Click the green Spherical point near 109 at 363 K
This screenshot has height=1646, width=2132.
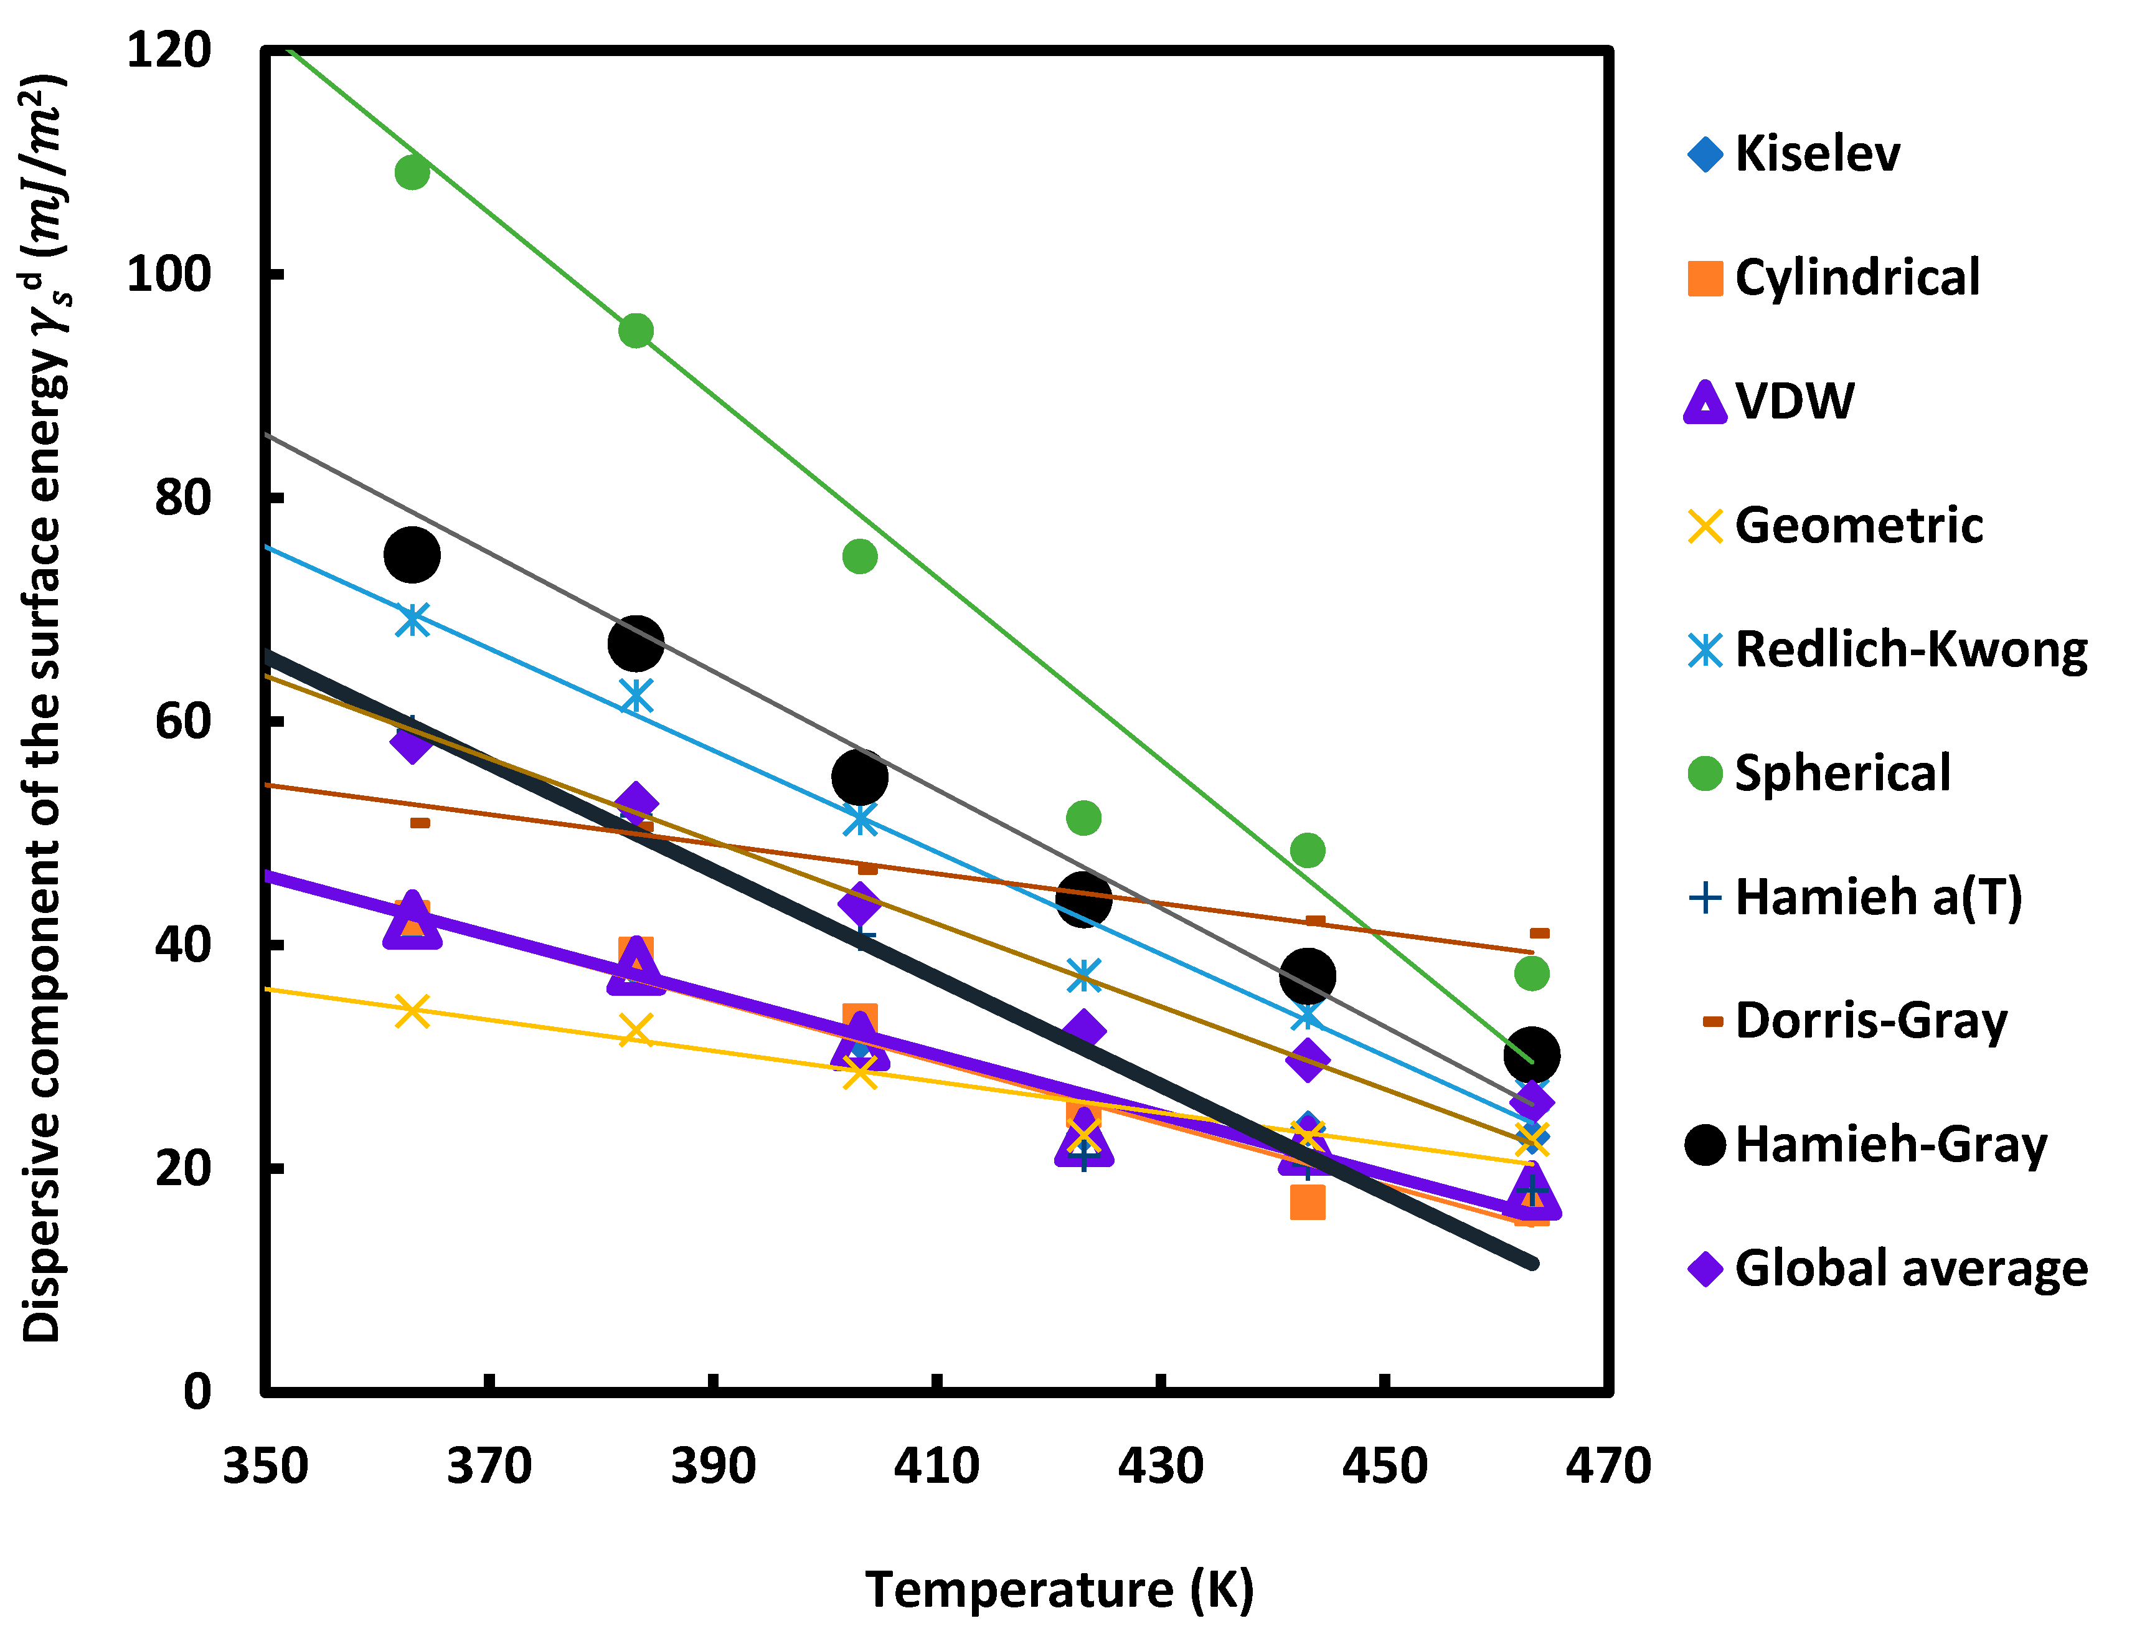click(x=412, y=173)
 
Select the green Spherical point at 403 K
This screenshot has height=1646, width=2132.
click(x=859, y=557)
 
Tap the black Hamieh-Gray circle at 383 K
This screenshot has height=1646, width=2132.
click(x=636, y=643)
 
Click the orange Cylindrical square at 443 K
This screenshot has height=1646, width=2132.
click(x=1307, y=1202)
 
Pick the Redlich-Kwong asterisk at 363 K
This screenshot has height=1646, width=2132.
click(x=412, y=619)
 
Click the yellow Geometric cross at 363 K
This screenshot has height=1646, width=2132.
click(x=412, y=1011)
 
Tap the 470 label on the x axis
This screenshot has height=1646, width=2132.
click(x=1607, y=1465)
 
